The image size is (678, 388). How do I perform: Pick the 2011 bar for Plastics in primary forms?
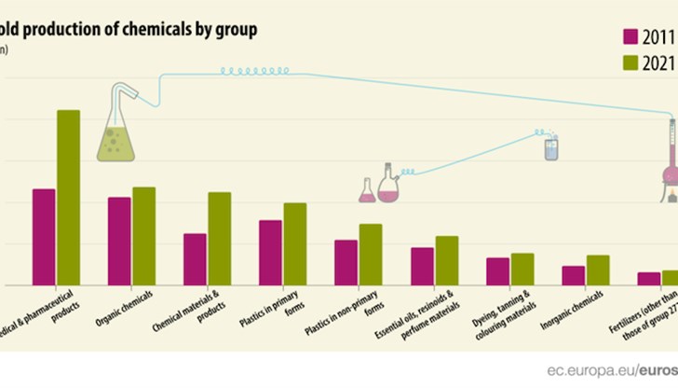point(270,252)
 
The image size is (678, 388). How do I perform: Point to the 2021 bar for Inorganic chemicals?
point(598,270)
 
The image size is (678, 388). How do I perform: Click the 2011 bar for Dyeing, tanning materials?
point(498,270)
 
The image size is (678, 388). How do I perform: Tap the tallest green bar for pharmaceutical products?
point(68,197)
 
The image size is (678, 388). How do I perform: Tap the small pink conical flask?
point(367,191)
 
